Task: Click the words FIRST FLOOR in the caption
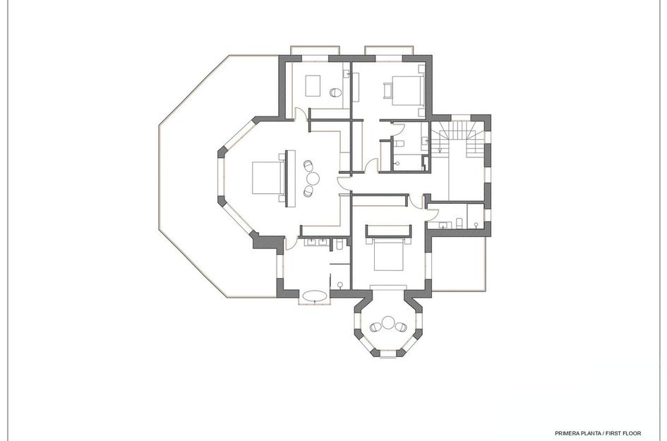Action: (622, 432)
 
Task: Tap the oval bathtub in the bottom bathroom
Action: (314, 296)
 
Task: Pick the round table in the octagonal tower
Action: (388, 324)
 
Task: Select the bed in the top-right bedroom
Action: (406, 89)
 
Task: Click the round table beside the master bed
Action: (313, 177)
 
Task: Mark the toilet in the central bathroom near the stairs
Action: (399, 144)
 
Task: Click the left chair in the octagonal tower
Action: (375, 327)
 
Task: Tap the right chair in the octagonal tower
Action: (401, 327)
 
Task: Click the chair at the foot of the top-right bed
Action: (387, 89)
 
